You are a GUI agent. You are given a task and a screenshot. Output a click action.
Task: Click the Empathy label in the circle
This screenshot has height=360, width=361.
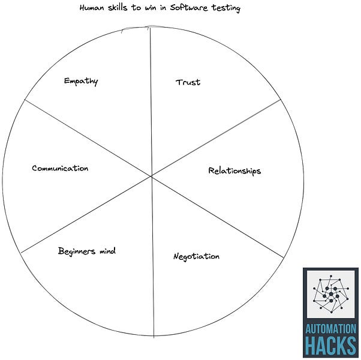click(81, 81)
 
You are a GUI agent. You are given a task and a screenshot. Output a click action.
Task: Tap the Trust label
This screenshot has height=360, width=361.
click(188, 82)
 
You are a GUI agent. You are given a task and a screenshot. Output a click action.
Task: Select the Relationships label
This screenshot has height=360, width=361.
click(234, 171)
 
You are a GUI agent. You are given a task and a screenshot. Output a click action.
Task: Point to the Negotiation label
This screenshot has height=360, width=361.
click(196, 257)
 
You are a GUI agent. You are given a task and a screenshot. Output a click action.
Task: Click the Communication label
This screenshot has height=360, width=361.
click(60, 169)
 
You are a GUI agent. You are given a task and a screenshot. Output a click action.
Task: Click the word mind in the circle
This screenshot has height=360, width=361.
click(107, 251)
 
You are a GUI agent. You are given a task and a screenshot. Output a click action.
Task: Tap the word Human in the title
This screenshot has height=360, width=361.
click(92, 8)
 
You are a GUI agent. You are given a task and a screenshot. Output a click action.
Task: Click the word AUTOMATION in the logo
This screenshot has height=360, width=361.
click(330, 329)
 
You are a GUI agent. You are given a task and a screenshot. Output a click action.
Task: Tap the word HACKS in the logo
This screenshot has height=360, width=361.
click(330, 346)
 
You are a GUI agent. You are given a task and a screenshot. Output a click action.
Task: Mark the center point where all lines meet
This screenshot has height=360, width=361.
click(151, 176)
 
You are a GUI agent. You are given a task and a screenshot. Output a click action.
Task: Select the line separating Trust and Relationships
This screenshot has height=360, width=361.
click(216, 137)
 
